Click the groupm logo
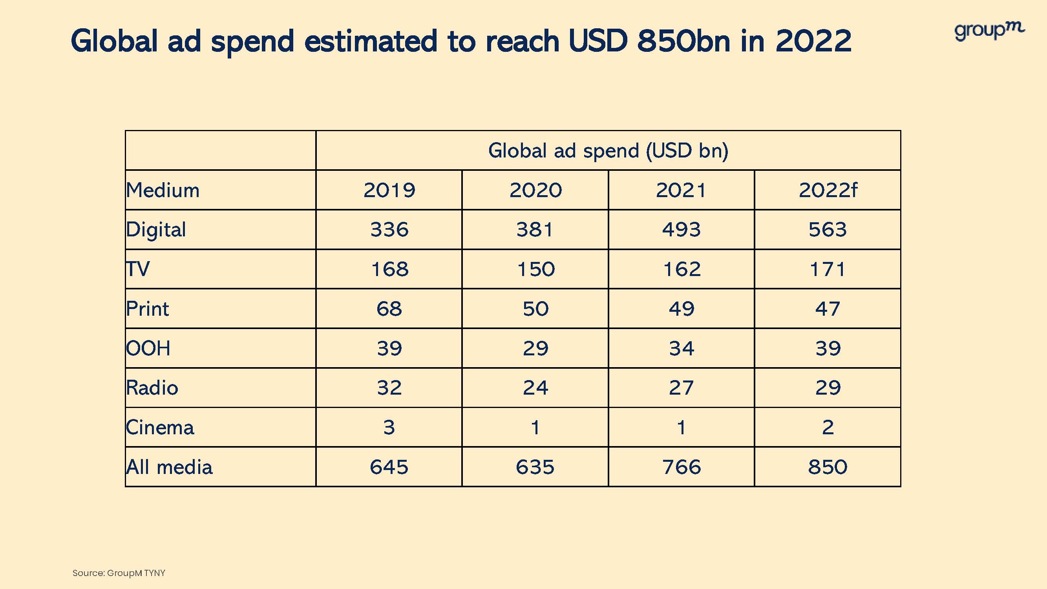pos(989,31)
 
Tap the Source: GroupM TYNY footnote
pos(119,573)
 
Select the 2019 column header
pos(389,190)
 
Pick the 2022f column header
pos(828,190)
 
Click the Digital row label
pos(156,230)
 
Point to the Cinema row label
pos(160,427)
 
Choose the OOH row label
pos(148,348)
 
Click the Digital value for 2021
pos(681,229)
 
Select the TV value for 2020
pos(535,269)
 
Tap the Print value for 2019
pos(389,309)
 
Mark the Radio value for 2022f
pos(828,388)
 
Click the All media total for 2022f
pos(828,466)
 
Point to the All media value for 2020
pos(535,466)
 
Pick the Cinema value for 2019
pos(389,427)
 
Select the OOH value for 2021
pos(681,348)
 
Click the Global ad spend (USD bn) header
pos(608,150)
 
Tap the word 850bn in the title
pos(683,41)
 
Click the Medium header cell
pos(163,190)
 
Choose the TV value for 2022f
pos(828,269)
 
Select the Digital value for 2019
pos(389,229)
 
